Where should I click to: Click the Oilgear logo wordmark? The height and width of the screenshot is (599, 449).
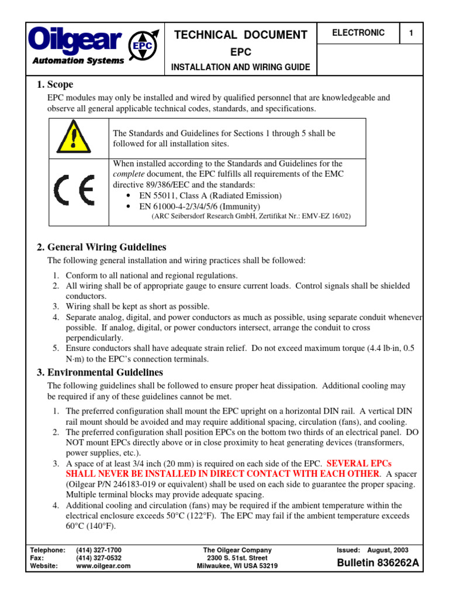[75, 41]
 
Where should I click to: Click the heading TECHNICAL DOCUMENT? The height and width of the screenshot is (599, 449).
[240, 35]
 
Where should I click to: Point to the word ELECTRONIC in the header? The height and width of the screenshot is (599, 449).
[358, 33]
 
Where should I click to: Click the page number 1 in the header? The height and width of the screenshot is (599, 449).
[411, 33]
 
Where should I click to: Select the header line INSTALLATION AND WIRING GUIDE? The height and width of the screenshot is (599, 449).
[240, 68]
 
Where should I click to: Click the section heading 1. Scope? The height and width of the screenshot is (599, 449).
[56, 85]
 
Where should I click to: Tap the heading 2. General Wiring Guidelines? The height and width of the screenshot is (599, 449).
[102, 247]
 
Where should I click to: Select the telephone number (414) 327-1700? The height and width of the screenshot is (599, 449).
[99, 550]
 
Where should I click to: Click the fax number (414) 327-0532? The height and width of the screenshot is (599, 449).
[99, 558]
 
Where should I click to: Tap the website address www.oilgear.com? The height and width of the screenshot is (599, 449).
[103, 566]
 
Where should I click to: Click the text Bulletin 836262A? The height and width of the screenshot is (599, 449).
[378, 564]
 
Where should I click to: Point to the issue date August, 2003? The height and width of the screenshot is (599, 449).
[388, 550]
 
